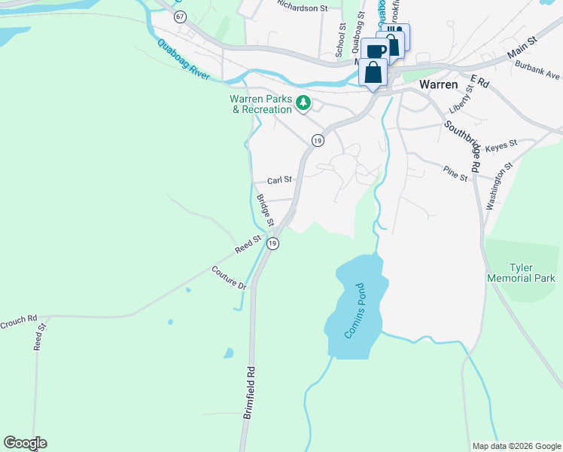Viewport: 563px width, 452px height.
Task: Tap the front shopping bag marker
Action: pyautogui.click(x=373, y=72)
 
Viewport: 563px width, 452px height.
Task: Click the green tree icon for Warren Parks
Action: pyautogui.click(x=303, y=103)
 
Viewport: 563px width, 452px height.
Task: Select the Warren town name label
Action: pyautogui.click(x=439, y=84)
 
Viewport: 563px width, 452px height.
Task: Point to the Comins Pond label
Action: pyautogui.click(x=353, y=310)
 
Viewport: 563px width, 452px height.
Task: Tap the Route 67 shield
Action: pyautogui.click(x=178, y=16)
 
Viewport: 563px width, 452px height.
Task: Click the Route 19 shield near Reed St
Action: pyautogui.click(x=272, y=243)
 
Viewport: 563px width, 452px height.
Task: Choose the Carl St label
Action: pyautogui.click(x=279, y=181)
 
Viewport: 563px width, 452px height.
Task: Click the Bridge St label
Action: pyautogui.click(x=265, y=209)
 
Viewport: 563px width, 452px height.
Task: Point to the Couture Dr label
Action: pyautogui.click(x=229, y=278)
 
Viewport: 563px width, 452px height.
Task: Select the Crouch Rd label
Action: pyautogui.click(x=19, y=319)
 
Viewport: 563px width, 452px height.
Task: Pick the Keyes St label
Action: pyautogui.click(x=502, y=144)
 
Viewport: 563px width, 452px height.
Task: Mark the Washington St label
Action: pyautogui.click(x=499, y=185)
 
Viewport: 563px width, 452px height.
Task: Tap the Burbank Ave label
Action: pyautogui.click(x=537, y=70)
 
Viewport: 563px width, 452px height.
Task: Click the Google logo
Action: pyautogui.click(x=25, y=443)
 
